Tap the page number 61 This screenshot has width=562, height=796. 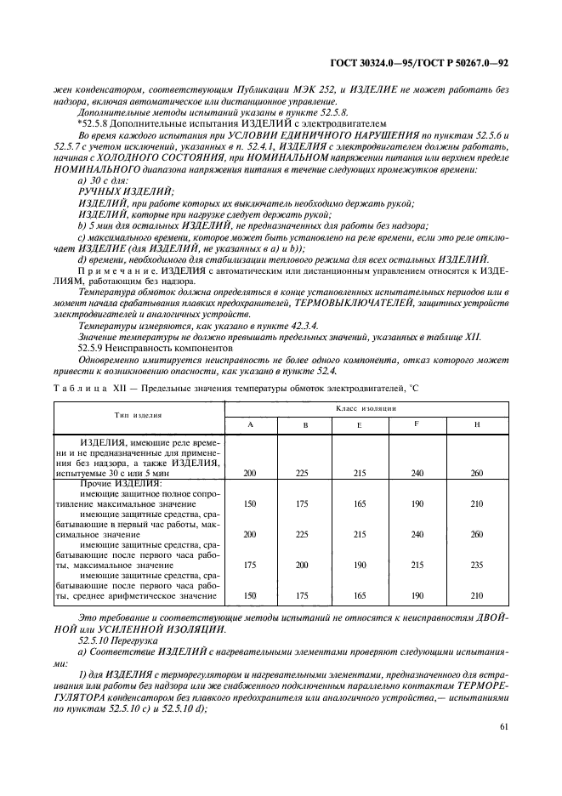(507, 725)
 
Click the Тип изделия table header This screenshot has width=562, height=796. (139, 415)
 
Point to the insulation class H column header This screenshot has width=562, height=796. (476, 424)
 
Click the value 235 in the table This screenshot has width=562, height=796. (476, 565)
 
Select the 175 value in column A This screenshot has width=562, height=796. (250, 565)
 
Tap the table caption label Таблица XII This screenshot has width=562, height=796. (88, 388)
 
